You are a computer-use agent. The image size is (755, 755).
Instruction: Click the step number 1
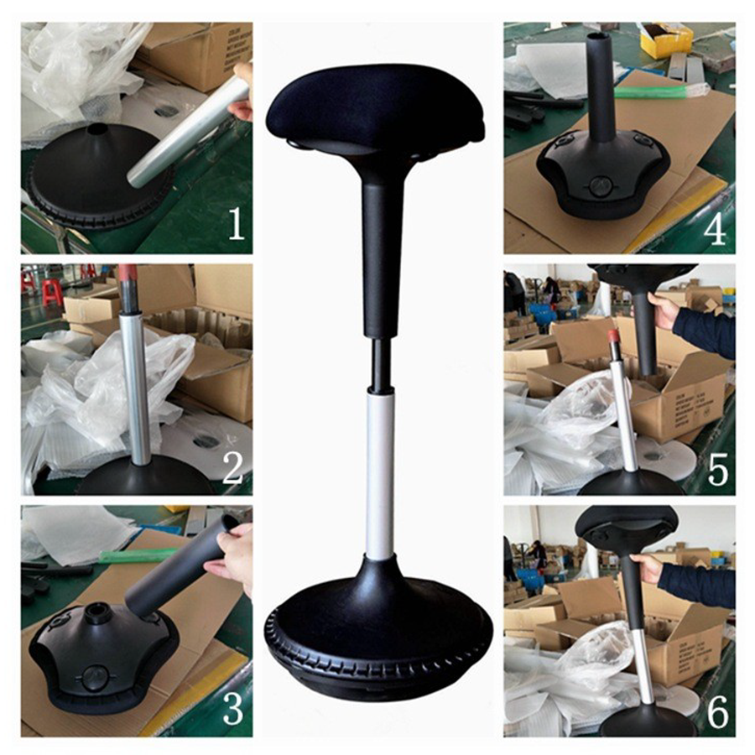tap(236, 224)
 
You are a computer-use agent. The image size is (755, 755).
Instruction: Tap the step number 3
tap(232, 708)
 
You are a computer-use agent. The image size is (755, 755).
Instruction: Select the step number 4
tap(714, 228)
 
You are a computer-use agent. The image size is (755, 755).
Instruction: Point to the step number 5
tap(717, 470)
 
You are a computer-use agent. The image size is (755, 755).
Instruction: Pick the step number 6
tap(717, 711)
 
